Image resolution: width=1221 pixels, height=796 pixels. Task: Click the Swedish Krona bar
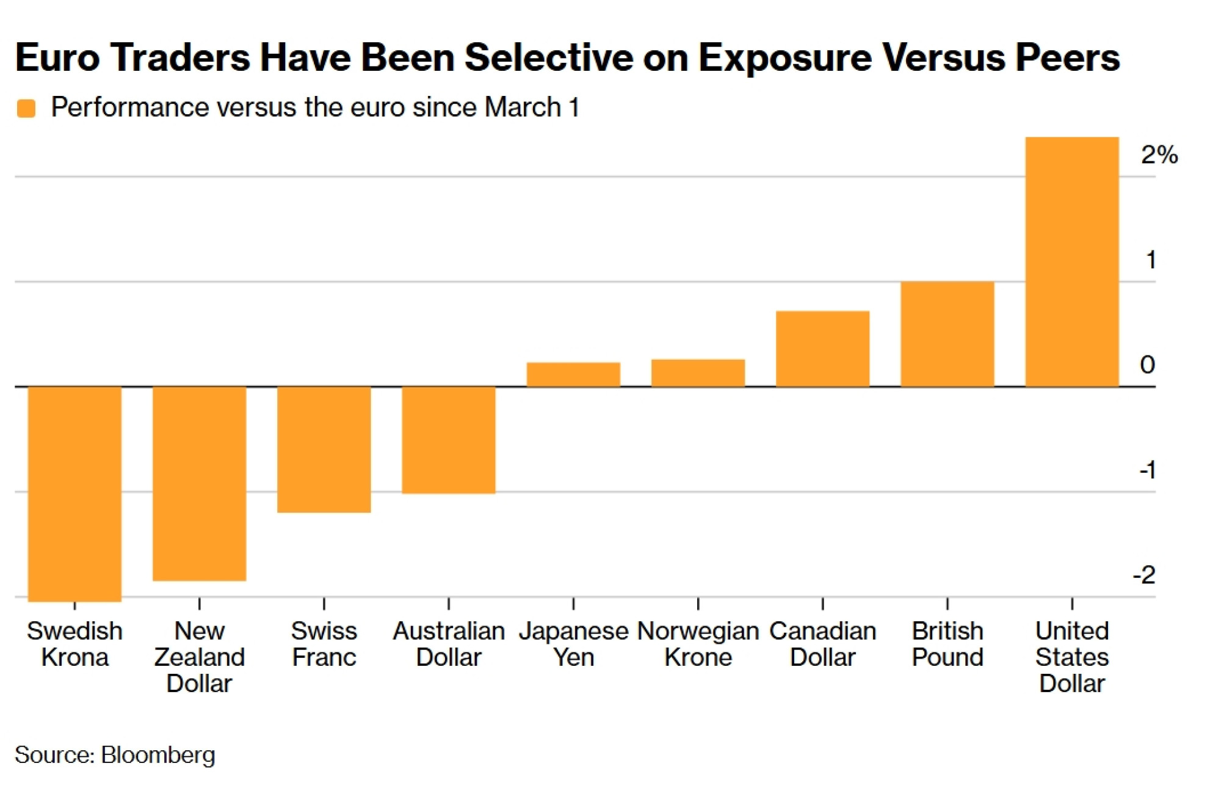pyautogui.click(x=74, y=494)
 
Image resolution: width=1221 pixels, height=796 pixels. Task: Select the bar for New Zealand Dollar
pyautogui.click(x=199, y=483)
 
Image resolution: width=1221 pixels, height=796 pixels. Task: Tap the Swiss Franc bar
pyautogui.click(x=324, y=449)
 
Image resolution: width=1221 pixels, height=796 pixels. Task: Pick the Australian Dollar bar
pyautogui.click(x=448, y=439)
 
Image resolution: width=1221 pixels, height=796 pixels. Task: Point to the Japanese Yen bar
pyautogui.click(x=573, y=374)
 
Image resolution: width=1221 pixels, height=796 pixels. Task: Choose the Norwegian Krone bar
pyautogui.click(x=698, y=373)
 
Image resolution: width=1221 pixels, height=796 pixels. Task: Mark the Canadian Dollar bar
pyautogui.click(x=822, y=349)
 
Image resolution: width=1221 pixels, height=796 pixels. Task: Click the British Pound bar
pyautogui.click(x=947, y=334)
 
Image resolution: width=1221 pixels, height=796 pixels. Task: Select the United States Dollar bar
pyautogui.click(x=1071, y=261)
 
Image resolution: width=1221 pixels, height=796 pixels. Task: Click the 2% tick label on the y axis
pyautogui.click(x=1159, y=155)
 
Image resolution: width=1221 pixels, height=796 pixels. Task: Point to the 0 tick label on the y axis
pyautogui.click(x=1147, y=365)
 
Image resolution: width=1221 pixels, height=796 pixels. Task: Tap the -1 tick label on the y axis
pyautogui.click(x=1147, y=470)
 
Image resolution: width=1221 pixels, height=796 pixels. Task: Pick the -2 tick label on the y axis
pyautogui.click(x=1144, y=575)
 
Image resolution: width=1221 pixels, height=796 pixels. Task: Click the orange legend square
pyautogui.click(x=26, y=108)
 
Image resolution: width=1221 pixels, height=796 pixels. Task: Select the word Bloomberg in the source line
pyautogui.click(x=158, y=754)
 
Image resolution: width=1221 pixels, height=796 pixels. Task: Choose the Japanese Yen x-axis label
pyautogui.click(x=573, y=644)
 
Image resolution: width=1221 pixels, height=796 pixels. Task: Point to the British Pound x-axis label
pyautogui.click(x=947, y=644)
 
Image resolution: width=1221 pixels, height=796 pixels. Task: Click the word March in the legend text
pyautogui.click(x=523, y=108)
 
